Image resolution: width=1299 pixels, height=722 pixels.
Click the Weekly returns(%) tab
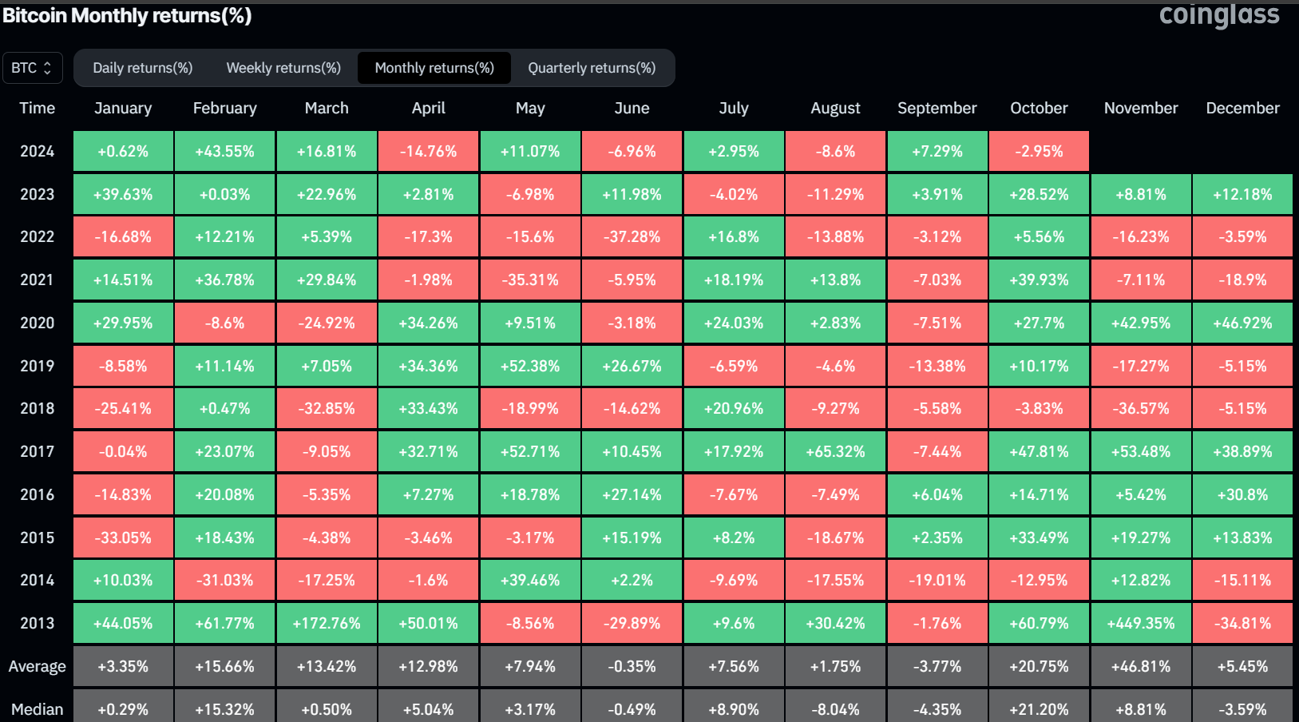pyautogui.click(x=283, y=68)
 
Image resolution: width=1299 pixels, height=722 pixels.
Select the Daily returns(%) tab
pyautogui.click(x=143, y=68)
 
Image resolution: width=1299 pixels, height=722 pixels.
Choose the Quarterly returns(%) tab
pyautogui.click(x=592, y=68)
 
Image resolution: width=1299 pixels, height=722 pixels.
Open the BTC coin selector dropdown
pyautogui.click(x=31, y=68)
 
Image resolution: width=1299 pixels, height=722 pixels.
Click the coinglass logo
pyautogui.click(x=1218, y=15)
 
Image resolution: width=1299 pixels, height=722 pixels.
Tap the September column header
pyautogui.click(x=937, y=108)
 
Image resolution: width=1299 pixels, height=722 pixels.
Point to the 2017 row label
pyautogui.click(x=37, y=451)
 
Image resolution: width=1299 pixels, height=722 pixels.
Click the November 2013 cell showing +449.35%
pyautogui.click(x=1141, y=623)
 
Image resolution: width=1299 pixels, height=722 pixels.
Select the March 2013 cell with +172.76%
pyautogui.click(x=327, y=623)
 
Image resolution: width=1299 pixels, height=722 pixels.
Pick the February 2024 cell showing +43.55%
pyautogui.click(x=225, y=151)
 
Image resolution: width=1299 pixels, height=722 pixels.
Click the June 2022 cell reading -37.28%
pyautogui.click(x=632, y=236)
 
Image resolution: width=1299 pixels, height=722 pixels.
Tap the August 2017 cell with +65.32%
pyautogui.click(x=835, y=451)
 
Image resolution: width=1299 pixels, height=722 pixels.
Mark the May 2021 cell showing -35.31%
pyautogui.click(x=530, y=280)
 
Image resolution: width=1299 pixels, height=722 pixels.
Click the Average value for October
pyautogui.click(x=1039, y=666)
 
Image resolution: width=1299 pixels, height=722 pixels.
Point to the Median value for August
pyautogui.click(x=835, y=708)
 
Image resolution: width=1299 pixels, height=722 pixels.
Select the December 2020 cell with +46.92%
pyautogui.click(x=1242, y=323)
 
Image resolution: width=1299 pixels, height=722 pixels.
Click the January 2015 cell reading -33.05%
pyautogui.click(x=123, y=538)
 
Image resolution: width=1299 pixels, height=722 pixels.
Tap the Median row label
pyautogui.click(x=37, y=708)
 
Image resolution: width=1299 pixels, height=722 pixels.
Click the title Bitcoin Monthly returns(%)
pyautogui.click(x=128, y=16)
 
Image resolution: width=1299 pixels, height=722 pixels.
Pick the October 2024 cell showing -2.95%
pyautogui.click(x=1039, y=151)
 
